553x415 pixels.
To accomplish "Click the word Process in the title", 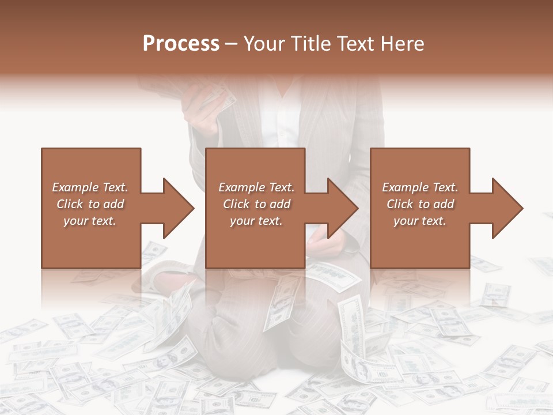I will pos(181,43).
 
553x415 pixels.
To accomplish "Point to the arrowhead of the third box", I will pos(507,208).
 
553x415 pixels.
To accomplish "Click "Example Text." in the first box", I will pos(90,187).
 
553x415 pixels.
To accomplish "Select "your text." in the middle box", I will pos(256,221).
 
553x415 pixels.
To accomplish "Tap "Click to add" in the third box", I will pos(421,204).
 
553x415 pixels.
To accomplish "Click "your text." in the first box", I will pos(90,221).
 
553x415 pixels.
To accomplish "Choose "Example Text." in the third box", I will pos(420,187).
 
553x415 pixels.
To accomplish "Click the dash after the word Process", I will pos(232,44).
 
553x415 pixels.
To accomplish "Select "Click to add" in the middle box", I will pos(256,204).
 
